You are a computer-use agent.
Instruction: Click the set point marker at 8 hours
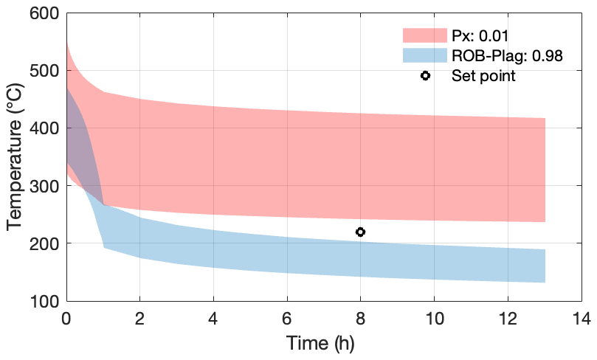(x=360, y=232)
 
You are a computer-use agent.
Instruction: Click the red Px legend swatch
(x=424, y=35)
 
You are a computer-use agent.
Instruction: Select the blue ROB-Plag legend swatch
(x=424, y=55)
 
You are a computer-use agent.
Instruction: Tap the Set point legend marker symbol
(x=425, y=75)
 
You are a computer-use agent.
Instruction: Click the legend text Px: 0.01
(x=480, y=35)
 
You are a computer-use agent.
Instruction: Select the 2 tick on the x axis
(x=140, y=318)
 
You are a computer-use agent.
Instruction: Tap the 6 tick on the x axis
(x=287, y=318)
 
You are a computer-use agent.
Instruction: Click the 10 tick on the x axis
(x=434, y=318)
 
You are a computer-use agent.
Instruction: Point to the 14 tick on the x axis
(x=581, y=318)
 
